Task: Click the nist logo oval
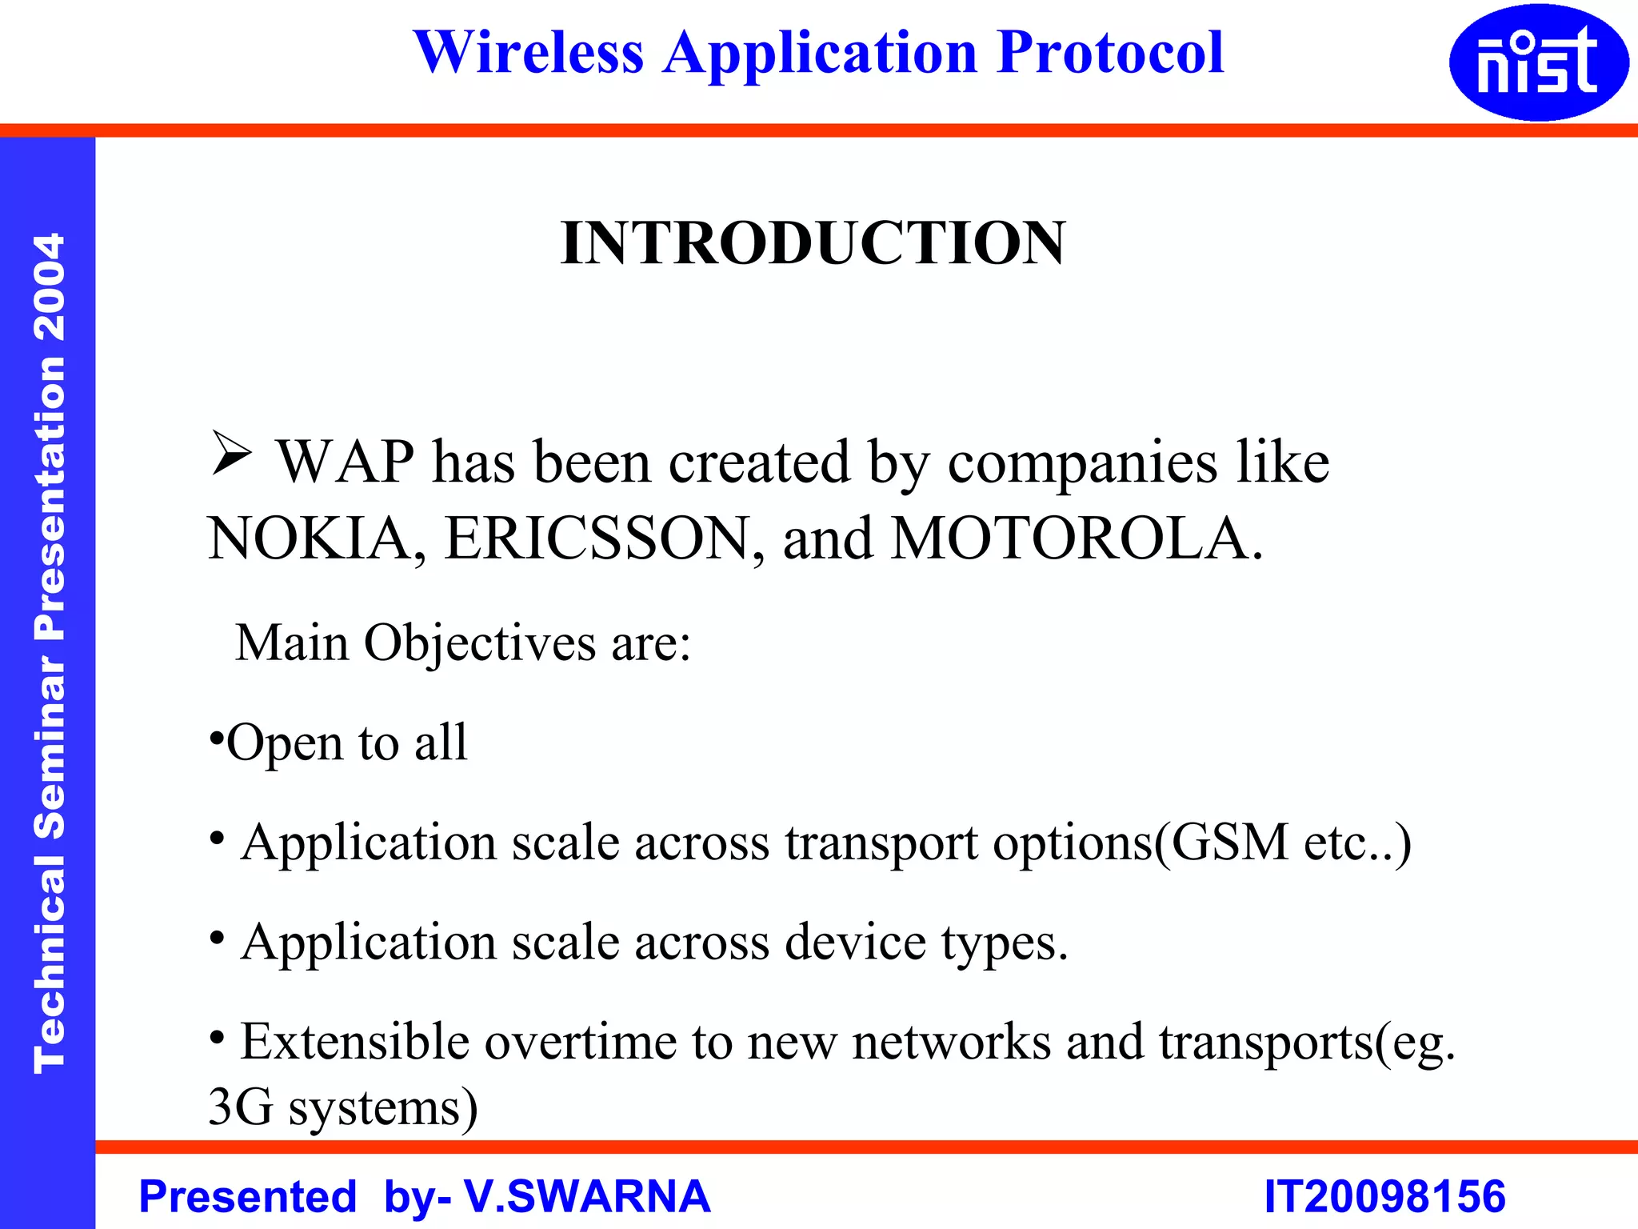pos(1538,62)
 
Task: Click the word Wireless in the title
pos(529,53)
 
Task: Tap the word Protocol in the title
pos(1110,53)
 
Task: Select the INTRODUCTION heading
pos(813,243)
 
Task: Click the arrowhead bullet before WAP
pos(231,454)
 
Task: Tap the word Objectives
pos(480,643)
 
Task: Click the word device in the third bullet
pos(855,943)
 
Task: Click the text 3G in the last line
pos(240,1108)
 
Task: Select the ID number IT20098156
pos(1384,1197)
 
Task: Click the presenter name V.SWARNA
pos(587,1197)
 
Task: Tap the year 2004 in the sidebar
pos(50,286)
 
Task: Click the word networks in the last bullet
pos(951,1042)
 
